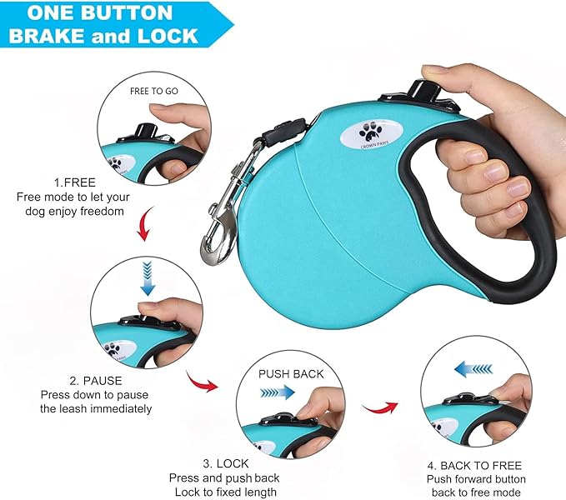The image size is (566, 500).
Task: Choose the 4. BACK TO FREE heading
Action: coord(475,465)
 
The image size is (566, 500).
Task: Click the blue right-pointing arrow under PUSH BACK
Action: coord(276,390)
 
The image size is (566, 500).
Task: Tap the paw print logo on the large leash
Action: coord(369,131)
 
